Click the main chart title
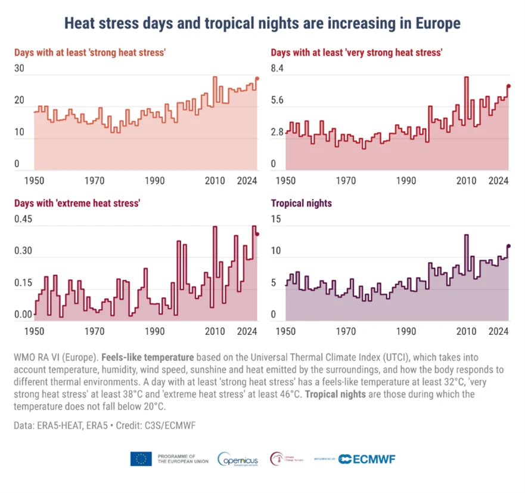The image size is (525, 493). pyautogui.click(x=262, y=24)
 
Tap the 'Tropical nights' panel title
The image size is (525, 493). pyautogui.click(x=302, y=203)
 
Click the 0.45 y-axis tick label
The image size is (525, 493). pyautogui.click(x=23, y=219)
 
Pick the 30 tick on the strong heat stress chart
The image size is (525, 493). pyautogui.click(x=19, y=69)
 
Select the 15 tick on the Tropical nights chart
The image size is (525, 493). pyautogui.click(x=276, y=219)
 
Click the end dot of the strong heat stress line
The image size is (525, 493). pyautogui.click(x=257, y=78)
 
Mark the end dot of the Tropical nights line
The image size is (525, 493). pyautogui.click(x=509, y=245)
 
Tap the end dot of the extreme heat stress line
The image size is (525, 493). pyautogui.click(x=257, y=234)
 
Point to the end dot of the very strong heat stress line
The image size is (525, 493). pyautogui.click(x=509, y=87)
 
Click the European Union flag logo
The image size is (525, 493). pyautogui.click(x=141, y=459)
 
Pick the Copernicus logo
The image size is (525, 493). pyautogui.click(x=238, y=459)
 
